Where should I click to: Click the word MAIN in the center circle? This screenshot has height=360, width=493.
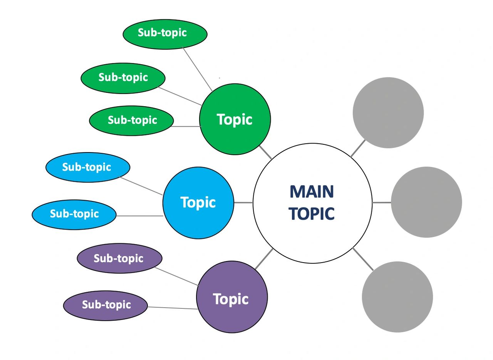tap(312, 192)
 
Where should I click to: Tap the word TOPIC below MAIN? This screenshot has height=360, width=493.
tap(312, 214)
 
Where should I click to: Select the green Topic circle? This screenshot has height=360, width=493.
tap(235, 119)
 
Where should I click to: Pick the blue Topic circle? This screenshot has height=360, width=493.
tap(198, 203)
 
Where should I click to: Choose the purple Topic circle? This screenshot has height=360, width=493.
tap(231, 298)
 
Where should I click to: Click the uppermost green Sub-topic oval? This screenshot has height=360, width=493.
tap(165, 33)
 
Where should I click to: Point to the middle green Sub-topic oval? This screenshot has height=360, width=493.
tap(123, 78)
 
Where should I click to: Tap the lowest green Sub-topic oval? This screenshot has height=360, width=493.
tap(131, 121)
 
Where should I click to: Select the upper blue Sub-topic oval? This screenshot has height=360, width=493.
tap(87, 167)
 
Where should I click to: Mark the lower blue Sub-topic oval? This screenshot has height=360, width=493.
tap(74, 214)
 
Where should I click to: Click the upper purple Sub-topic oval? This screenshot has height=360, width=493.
tap(119, 258)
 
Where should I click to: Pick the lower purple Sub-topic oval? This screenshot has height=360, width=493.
tap(106, 305)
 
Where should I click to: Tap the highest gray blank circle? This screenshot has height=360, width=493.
tap(388, 112)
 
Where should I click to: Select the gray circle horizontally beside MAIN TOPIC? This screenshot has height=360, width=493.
tap(426, 202)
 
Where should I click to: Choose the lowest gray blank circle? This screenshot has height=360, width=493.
tap(397, 297)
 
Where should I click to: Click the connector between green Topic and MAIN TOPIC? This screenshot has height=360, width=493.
tap(265, 152)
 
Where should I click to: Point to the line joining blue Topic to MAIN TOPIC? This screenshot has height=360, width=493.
tap(243, 203)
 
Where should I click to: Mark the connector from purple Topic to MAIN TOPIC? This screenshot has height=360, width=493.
tap(264, 259)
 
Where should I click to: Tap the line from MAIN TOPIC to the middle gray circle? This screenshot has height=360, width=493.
tap(382, 203)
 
